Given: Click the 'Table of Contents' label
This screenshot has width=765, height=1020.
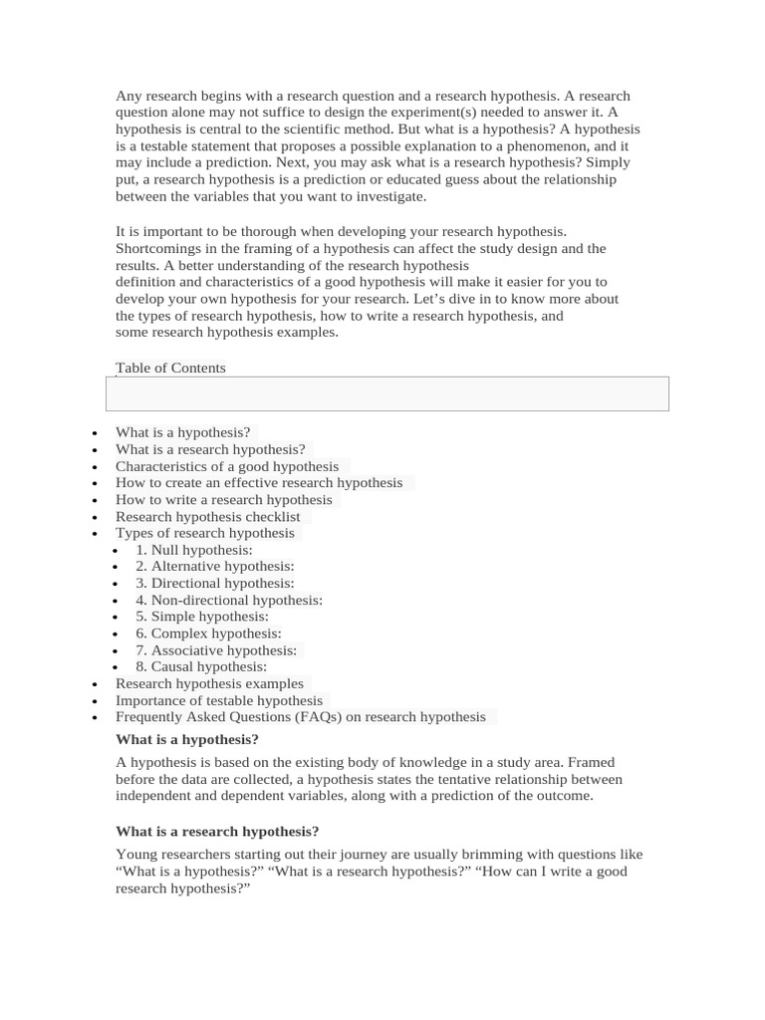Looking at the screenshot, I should pyautogui.click(x=170, y=368).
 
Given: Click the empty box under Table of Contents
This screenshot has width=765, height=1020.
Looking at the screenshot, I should pyautogui.click(x=386, y=393).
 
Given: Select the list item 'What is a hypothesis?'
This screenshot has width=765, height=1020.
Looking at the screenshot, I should pyautogui.click(x=183, y=432).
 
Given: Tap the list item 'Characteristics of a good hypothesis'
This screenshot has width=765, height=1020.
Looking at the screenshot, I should pyautogui.click(x=227, y=466).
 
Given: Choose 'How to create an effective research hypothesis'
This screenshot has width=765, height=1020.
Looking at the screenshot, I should pyautogui.click(x=259, y=483).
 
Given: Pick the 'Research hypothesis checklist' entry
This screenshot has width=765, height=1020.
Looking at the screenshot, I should pyautogui.click(x=207, y=517).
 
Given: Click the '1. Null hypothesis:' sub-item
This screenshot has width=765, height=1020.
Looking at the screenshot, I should pyautogui.click(x=194, y=550).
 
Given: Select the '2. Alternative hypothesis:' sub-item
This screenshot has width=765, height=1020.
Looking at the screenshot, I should pyautogui.click(x=215, y=567).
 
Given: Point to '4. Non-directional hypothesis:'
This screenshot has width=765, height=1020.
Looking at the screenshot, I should pyautogui.click(x=229, y=600).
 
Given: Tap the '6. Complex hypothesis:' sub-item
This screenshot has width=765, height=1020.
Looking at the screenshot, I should pyautogui.click(x=208, y=634).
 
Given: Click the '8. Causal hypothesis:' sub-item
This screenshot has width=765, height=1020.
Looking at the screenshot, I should pyautogui.click(x=201, y=666).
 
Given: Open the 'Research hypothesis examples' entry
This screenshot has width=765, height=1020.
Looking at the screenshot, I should pyautogui.click(x=209, y=683).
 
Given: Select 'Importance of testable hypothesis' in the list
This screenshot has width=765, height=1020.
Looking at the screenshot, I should pyautogui.click(x=219, y=700).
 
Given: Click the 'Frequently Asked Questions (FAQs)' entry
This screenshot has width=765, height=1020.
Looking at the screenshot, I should pyautogui.click(x=300, y=717).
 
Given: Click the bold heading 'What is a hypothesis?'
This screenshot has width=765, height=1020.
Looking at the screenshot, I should pyautogui.click(x=187, y=739).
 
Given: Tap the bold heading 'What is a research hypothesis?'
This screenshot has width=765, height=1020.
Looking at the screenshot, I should pyautogui.click(x=217, y=831).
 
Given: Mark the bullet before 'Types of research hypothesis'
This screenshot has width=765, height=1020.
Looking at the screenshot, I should pyautogui.click(x=94, y=534).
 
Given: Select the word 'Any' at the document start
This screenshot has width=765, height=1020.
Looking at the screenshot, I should pyautogui.click(x=127, y=97).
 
